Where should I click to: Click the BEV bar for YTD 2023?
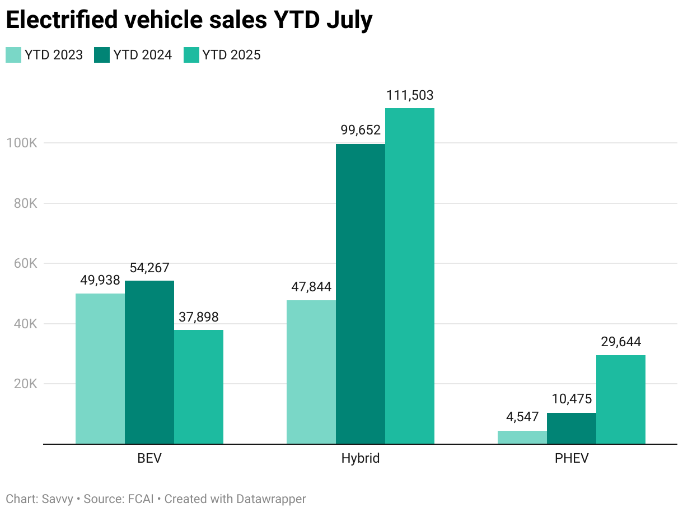(x=100, y=369)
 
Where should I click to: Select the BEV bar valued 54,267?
(x=149, y=362)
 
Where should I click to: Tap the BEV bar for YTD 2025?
(x=198, y=387)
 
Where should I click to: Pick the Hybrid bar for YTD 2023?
(x=311, y=372)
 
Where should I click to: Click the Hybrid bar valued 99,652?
(x=360, y=294)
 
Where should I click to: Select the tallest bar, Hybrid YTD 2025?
(x=409, y=276)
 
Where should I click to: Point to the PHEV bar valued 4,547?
(x=522, y=437)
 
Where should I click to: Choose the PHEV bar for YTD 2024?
(x=571, y=429)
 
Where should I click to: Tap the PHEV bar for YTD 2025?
(x=620, y=399)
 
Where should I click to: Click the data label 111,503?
(x=409, y=96)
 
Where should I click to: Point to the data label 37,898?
(x=198, y=317)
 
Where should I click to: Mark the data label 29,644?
(x=620, y=342)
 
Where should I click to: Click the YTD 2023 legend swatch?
(x=13, y=55)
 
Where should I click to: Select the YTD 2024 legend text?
(x=142, y=55)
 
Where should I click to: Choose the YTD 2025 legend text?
(x=231, y=55)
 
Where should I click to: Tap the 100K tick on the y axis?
(x=21, y=143)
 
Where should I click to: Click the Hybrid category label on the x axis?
(x=360, y=458)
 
